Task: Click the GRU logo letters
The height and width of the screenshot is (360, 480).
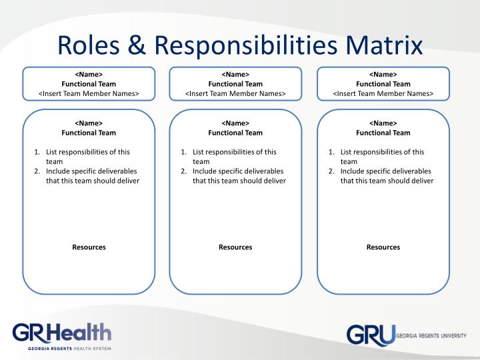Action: (x=371, y=335)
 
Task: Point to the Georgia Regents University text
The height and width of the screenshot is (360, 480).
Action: (x=431, y=335)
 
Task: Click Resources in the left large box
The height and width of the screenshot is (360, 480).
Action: (x=89, y=247)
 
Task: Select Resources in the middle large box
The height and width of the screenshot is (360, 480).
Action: (x=235, y=247)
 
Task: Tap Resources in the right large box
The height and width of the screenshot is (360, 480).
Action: (x=383, y=247)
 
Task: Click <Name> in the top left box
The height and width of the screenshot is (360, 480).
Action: (x=89, y=75)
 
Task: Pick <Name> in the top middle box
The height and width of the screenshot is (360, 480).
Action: (x=235, y=75)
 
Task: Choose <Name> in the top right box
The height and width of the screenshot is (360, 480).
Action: (x=383, y=75)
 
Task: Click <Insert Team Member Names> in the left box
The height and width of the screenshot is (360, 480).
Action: (x=89, y=93)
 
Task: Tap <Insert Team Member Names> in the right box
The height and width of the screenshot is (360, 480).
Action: (x=383, y=93)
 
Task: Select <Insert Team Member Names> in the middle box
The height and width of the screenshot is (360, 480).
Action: (x=235, y=93)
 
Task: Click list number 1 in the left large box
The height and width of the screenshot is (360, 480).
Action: (x=37, y=152)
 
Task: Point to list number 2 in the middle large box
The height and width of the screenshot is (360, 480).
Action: (x=184, y=171)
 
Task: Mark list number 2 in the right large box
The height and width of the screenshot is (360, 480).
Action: (x=332, y=171)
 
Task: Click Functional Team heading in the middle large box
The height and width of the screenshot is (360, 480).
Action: (x=235, y=133)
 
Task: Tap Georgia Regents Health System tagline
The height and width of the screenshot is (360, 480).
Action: (x=69, y=349)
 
